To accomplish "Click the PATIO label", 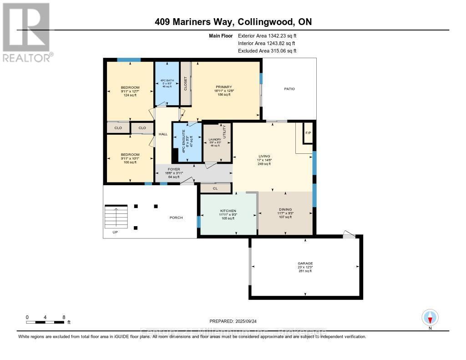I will tap(289, 89).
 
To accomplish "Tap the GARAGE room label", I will tap(305, 264).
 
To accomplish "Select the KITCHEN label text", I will tap(228, 211).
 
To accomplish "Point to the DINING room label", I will tap(285, 210).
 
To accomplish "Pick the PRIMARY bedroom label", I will tap(224, 87).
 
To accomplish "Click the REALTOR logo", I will tap(26, 32).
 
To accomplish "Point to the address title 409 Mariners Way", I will tap(233, 22).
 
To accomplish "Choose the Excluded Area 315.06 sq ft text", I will tap(267, 51).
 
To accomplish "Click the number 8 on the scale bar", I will tap(64, 317).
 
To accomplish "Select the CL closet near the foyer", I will tap(215, 188).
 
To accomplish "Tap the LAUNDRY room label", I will tap(214, 139).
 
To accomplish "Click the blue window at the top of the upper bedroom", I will tap(129, 60).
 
